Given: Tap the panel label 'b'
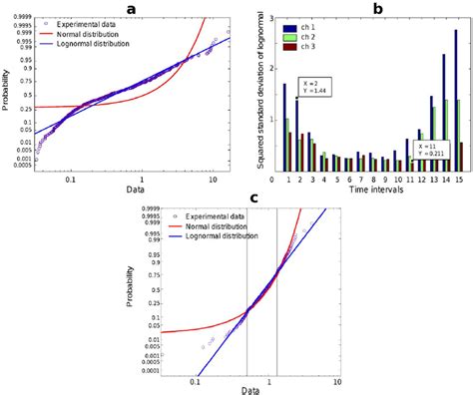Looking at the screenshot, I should click(x=377, y=8).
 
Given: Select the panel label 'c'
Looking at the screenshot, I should click(x=255, y=197).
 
